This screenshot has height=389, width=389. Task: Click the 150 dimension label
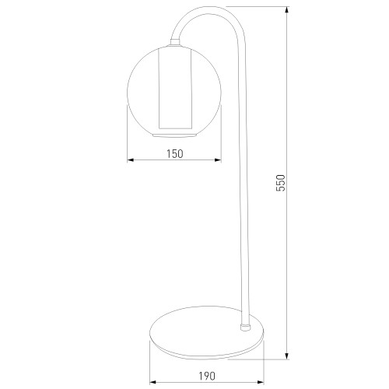tap(175, 154)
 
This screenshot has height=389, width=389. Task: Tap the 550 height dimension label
tap(280, 183)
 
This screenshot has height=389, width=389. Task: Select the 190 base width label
tap(207, 376)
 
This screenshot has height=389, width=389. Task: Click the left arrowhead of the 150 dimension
tap(130, 160)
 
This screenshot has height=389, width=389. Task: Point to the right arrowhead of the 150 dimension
tap(219, 160)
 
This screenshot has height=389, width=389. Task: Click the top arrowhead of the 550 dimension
tap(287, 9)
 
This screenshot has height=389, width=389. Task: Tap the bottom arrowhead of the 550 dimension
tap(287, 356)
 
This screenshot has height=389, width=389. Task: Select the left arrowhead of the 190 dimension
tap(153, 382)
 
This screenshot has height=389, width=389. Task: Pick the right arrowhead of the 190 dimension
tap(261, 382)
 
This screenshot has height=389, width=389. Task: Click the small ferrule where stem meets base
tap(245, 327)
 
